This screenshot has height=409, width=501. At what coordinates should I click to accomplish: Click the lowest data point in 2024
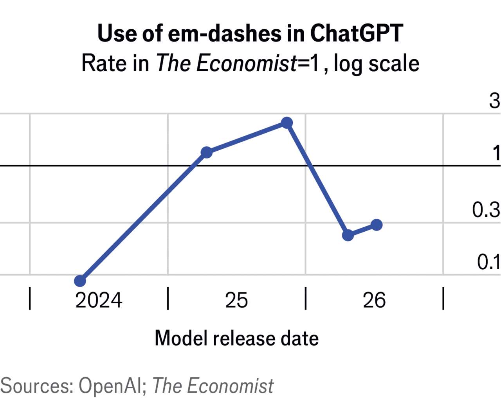click(80, 281)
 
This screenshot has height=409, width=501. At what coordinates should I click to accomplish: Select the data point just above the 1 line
click(206, 152)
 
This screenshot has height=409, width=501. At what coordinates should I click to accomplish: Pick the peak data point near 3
click(287, 123)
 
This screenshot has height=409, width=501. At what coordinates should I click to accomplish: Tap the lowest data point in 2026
click(348, 235)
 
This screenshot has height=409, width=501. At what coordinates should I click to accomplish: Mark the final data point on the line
click(377, 225)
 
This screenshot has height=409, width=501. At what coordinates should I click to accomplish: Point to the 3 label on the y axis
click(495, 101)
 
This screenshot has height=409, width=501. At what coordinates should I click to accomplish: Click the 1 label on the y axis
click(496, 153)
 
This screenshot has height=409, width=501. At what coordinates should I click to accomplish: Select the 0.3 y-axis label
click(486, 210)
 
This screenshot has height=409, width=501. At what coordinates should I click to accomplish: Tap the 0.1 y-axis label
click(488, 262)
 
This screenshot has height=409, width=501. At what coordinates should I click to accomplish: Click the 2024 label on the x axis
click(99, 300)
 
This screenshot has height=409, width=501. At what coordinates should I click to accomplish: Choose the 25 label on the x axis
click(236, 300)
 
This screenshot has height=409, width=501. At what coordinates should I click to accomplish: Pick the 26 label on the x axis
click(374, 300)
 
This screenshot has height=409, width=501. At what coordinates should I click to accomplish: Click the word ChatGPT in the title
click(357, 33)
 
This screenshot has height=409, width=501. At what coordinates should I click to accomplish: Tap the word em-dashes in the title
click(225, 33)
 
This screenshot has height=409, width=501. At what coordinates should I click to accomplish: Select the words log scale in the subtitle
click(377, 63)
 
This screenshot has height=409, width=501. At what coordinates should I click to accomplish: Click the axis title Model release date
click(236, 338)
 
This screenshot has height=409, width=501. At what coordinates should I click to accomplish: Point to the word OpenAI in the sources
click(111, 386)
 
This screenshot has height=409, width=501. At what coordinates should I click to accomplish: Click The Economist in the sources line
click(213, 386)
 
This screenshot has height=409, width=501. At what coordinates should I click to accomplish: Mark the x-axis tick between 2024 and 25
click(168, 298)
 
